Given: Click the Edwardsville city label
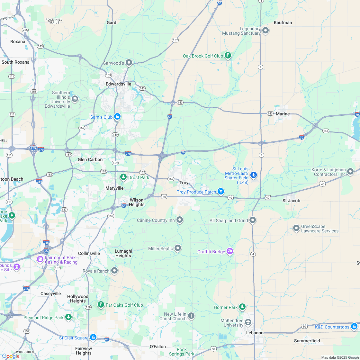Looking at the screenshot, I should [x=118, y=84].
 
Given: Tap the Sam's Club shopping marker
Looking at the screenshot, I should [x=118, y=117].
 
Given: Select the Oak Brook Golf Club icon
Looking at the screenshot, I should [x=228, y=56].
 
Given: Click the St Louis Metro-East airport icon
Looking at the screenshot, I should [x=254, y=175].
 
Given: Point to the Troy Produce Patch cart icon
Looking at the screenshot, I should [x=221, y=192].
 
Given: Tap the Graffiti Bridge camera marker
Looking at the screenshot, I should [x=230, y=251].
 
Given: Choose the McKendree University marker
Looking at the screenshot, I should [x=248, y=322].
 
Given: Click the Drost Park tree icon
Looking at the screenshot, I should [x=123, y=177].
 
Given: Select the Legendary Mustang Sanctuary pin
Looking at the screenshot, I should [x=265, y=31].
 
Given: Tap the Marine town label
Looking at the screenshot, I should [x=283, y=114].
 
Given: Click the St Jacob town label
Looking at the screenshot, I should [x=291, y=201].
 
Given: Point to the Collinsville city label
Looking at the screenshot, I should [x=89, y=253].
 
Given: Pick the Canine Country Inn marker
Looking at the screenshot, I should [x=180, y=220].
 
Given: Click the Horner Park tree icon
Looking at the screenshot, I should [x=242, y=307].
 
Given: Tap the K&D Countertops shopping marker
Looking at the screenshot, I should [x=354, y=327].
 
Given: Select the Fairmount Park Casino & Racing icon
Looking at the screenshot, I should [x=40, y=259].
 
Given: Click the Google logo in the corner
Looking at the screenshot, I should [x=11, y=356].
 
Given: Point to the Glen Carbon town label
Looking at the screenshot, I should [x=90, y=159].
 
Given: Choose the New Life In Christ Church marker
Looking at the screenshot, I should [x=191, y=316].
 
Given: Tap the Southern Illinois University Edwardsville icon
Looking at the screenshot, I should [x=75, y=99].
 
